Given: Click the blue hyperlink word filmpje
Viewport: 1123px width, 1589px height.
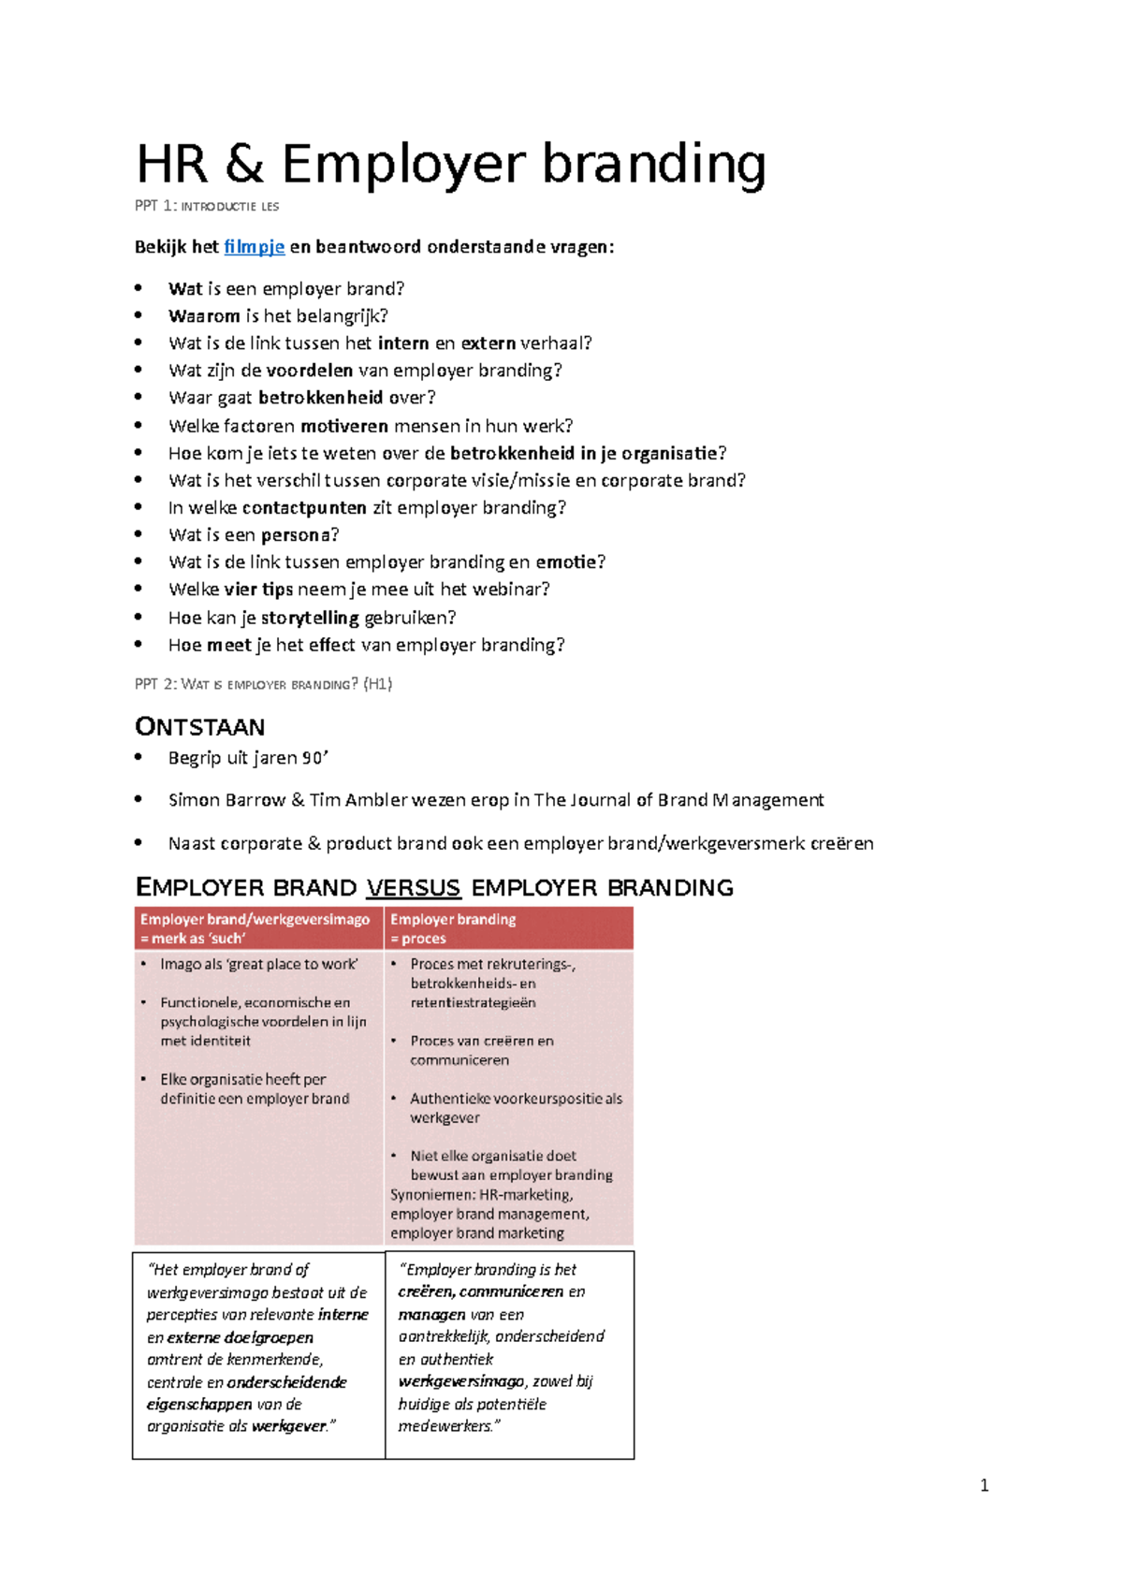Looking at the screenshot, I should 254,247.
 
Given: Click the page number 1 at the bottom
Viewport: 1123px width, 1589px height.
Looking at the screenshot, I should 984,1485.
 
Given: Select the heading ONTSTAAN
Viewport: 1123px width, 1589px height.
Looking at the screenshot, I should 200,727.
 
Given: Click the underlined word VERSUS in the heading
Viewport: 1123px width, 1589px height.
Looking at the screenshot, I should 413,887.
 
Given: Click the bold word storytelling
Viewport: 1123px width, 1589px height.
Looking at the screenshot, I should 310,618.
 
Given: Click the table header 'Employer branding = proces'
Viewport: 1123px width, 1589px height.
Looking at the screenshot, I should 453,928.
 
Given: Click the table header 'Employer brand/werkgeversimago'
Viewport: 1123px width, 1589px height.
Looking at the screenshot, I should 255,919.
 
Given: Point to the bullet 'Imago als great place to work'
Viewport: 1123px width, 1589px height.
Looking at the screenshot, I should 258,964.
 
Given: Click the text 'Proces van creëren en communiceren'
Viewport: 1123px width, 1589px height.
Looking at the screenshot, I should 481,1050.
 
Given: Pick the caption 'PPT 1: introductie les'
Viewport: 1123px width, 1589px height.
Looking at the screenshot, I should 207,206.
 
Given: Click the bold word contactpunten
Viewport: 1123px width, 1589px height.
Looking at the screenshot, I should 304,508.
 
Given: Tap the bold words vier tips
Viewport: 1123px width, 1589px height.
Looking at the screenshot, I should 258,590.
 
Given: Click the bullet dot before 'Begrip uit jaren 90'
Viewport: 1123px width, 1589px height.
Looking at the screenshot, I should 139,757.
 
